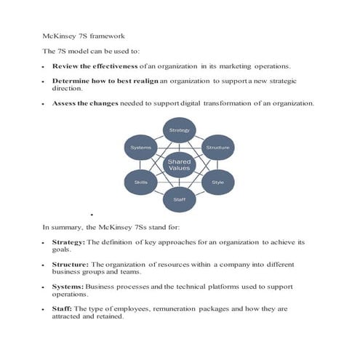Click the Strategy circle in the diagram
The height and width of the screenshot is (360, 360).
click(x=179, y=130)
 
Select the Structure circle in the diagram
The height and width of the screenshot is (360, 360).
click(x=217, y=148)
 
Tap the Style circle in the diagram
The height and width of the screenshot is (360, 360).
click(x=217, y=182)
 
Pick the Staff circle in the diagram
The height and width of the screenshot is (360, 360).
click(x=179, y=198)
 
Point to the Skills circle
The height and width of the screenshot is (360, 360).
click(x=141, y=182)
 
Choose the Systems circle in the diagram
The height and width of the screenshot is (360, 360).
click(x=141, y=148)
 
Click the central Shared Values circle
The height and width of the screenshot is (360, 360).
click(x=179, y=165)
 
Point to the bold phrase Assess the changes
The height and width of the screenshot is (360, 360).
click(x=82, y=103)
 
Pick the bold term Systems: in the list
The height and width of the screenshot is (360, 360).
click(x=68, y=287)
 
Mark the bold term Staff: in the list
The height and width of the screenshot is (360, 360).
click(x=63, y=309)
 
